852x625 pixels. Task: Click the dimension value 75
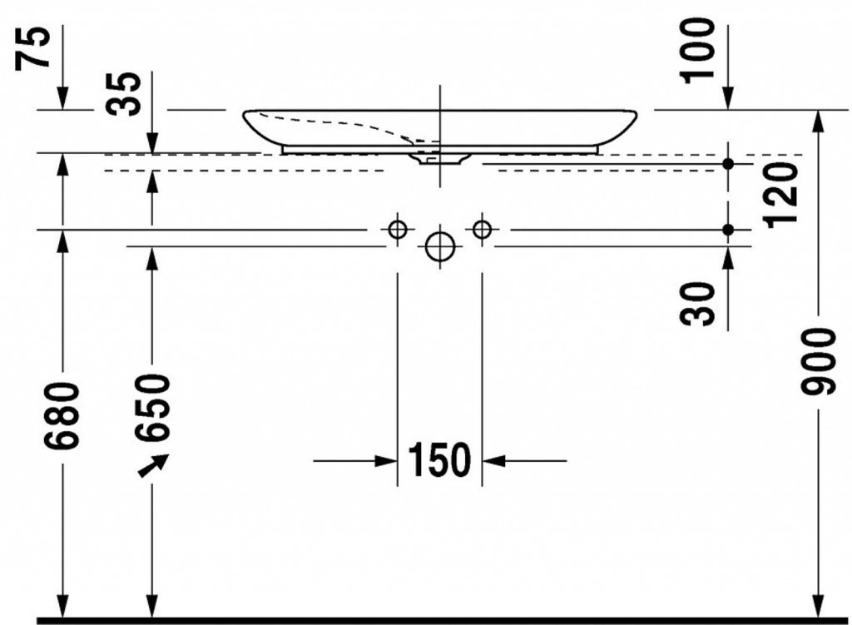click(x=32, y=48)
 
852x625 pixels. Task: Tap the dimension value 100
click(x=698, y=50)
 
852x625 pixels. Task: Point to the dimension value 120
click(x=780, y=195)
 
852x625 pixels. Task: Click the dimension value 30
click(x=698, y=304)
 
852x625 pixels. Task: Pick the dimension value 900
click(x=817, y=361)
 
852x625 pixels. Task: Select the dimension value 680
click(x=62, y=416)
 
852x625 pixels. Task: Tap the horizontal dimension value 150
click(x=439, y=459)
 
